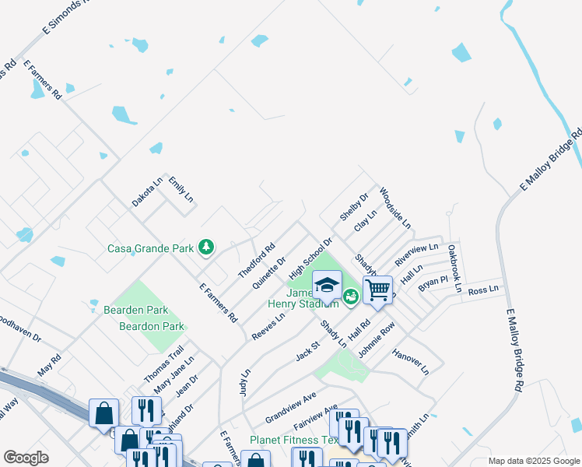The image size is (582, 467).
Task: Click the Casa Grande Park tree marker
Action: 206,248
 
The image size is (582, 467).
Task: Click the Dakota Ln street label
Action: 147,191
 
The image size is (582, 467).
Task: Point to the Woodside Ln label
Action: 394,208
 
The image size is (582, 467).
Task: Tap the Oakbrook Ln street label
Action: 454,268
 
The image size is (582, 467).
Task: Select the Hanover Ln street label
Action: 411,360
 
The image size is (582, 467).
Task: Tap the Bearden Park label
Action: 136,311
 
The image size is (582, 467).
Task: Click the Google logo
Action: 26,458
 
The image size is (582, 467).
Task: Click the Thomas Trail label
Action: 163,364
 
